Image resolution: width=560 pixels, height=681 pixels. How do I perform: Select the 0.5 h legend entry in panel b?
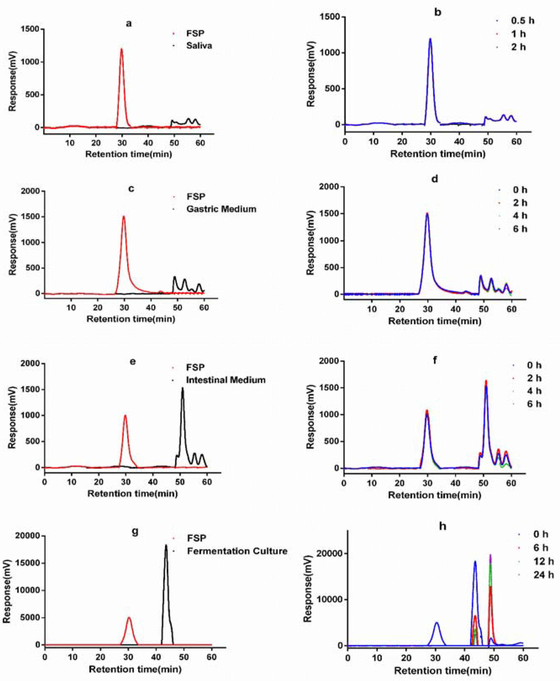coord(522,21)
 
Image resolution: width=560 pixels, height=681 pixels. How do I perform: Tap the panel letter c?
coord(131,189)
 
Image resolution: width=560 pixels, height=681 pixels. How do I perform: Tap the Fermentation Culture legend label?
coord(237,551)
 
